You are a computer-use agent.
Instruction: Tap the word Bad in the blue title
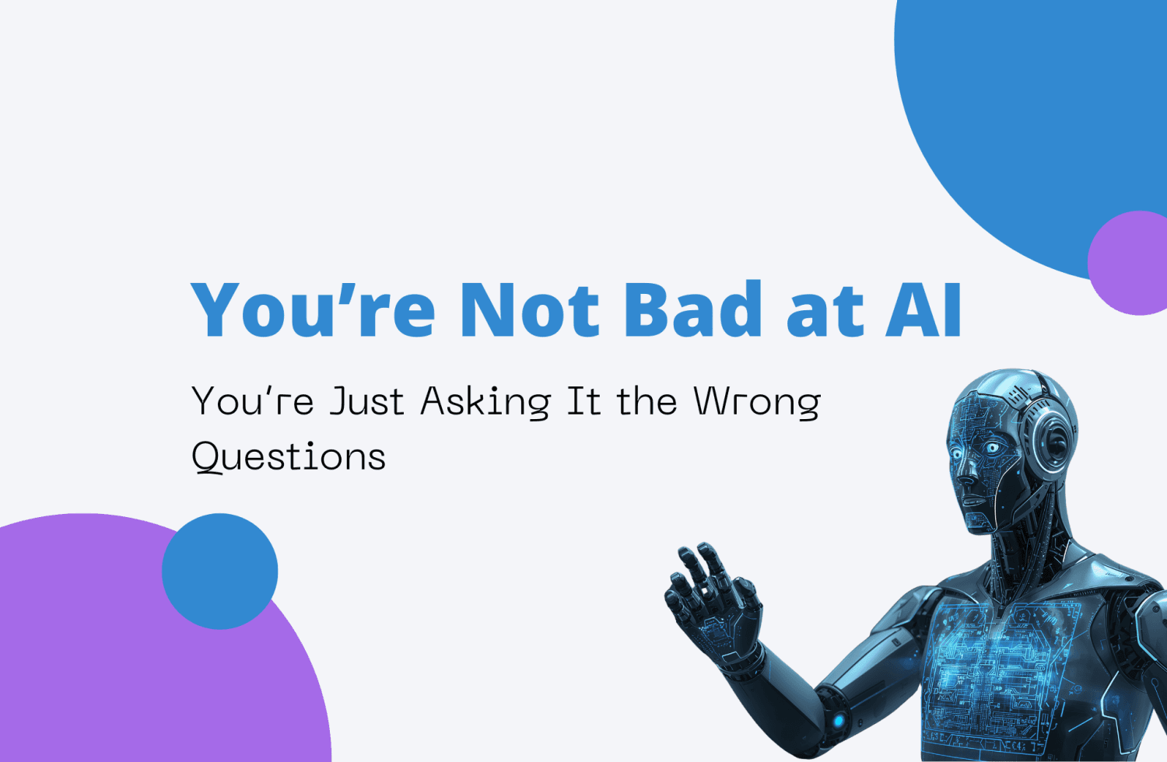(692, 309)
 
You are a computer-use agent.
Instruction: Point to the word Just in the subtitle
(366, 402)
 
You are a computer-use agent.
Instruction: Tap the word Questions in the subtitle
(289, 456)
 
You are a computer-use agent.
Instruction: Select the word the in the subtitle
(647, 402)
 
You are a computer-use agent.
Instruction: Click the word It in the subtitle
(583, 402)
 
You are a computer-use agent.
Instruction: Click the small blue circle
(220, 571)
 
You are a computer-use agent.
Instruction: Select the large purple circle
(117, 661)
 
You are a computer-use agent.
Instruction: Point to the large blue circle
(1027, 117)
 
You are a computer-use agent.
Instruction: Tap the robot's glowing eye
(992, 448)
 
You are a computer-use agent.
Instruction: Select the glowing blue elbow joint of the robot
(838, 719)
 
